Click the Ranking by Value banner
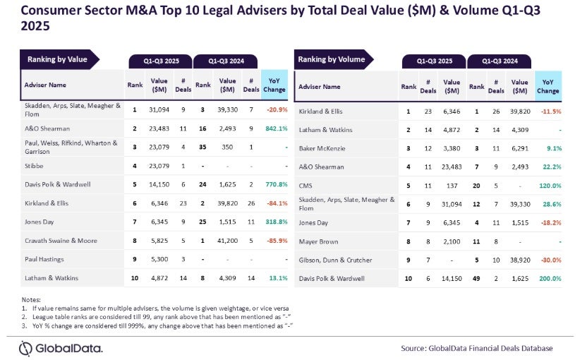[58, 59]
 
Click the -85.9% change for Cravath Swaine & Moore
[274, 239]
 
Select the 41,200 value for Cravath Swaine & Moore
[227, 239]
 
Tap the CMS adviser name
[306, 186]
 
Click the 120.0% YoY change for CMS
[547, 186]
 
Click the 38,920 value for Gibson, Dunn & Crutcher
[520, 259]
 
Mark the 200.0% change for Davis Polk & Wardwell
[547, 279]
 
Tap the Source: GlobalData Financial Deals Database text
[476, 348]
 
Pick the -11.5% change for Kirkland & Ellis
[547, 112]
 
